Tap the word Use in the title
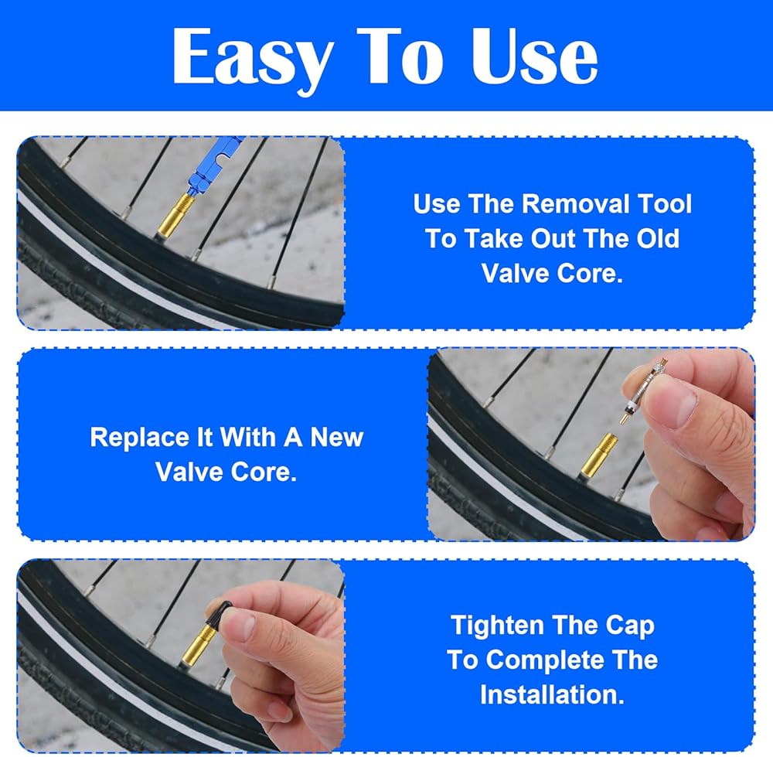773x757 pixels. point(534,56)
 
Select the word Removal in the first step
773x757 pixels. point(575,203)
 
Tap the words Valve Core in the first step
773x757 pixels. point(552,273)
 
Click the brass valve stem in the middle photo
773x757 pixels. point(598,454)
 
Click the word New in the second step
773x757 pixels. point(336,437)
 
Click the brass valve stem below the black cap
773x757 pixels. point(199,643)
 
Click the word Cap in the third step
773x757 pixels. point(629,626)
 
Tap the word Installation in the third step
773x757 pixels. point(552,694)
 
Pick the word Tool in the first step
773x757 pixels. point(665,203)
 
